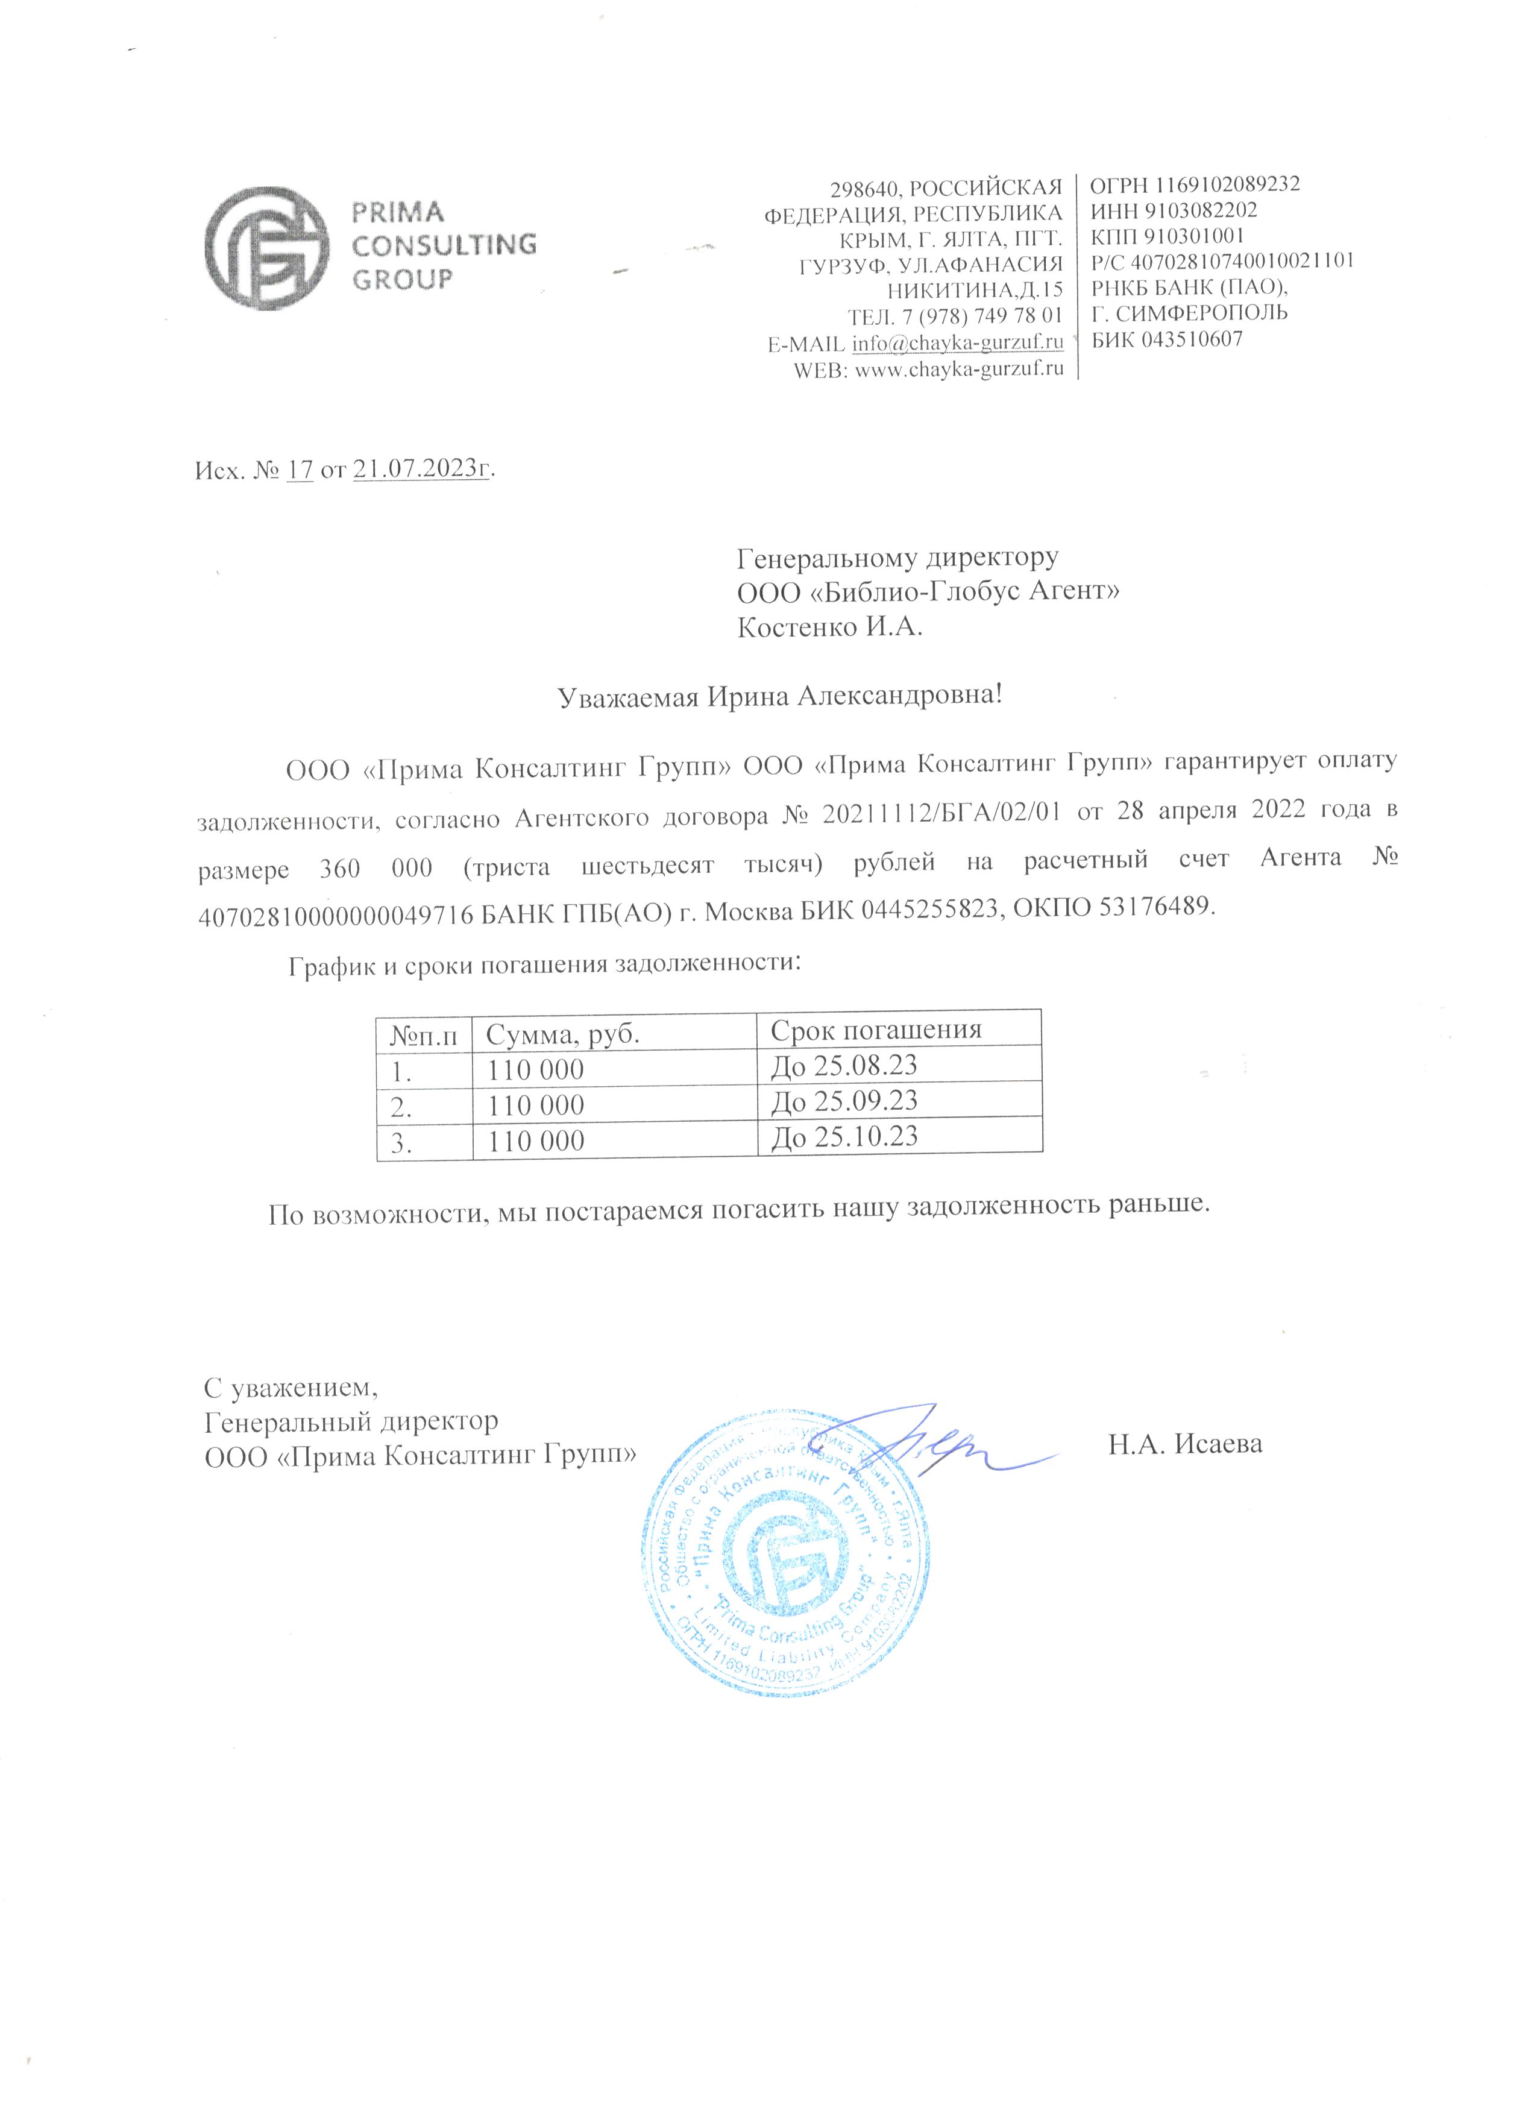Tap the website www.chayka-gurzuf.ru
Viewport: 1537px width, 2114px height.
959,368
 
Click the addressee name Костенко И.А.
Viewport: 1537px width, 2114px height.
829,626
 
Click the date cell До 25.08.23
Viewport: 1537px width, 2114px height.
844,1065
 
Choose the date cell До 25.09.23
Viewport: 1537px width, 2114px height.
844,1101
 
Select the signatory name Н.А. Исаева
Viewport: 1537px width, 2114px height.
1184,1445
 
